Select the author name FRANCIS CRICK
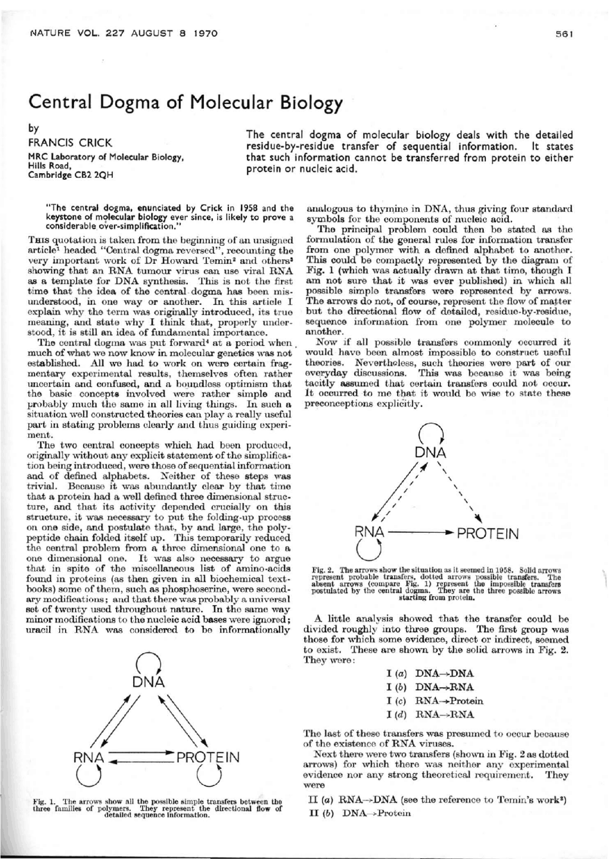(70, 142)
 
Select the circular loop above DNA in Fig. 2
(432, 433)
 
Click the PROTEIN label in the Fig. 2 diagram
(488, 534)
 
